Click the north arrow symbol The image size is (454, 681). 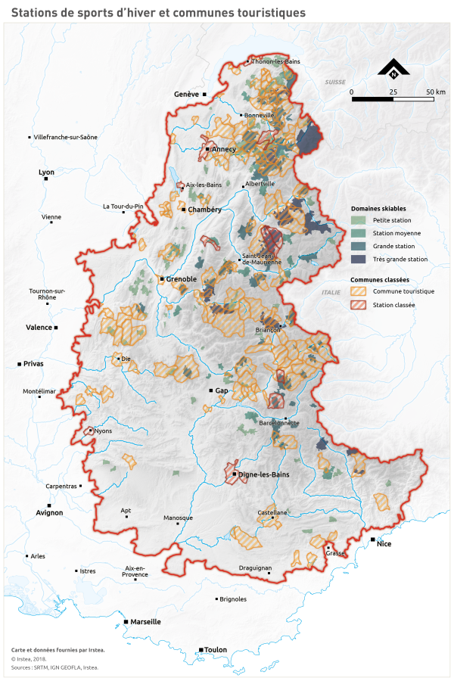click(x=393, y=69)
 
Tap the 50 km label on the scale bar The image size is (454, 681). click(x=434, y=92)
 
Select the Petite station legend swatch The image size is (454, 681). click(x=358, y=220)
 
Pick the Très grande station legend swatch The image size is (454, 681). click(x=358, y=259)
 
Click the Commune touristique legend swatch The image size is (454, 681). click(x=358, y=291)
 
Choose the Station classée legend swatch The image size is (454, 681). click(x=358, y=305)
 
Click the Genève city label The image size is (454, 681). click(x=186, y=94)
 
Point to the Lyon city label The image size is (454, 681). click(x=47, y=173)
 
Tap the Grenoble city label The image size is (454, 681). click(x=182, y=279)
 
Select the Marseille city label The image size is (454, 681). click(x=145, y=621)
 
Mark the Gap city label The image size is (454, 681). click(x=222, y=390)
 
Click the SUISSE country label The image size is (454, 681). click(x=334, y=81)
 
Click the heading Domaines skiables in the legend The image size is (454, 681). click(x=378, y=207)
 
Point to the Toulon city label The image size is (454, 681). click(x=216, y=649)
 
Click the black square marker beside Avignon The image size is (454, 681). click(x=49, y=505)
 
